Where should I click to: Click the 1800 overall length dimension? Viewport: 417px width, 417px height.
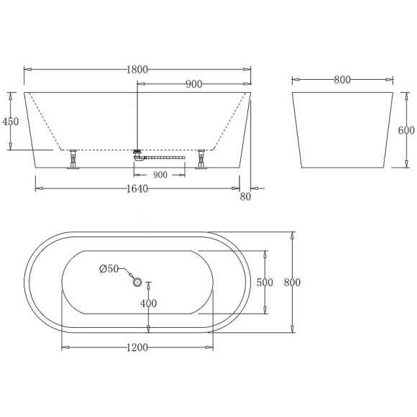(x=137, y=70)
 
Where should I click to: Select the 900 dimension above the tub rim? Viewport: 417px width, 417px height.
(x=193, y=84)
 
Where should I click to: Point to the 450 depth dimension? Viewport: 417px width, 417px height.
(x=11, y=122)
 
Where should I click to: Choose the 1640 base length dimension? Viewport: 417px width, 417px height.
(x=137, y=189)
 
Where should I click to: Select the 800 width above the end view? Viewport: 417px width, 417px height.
(x=342, y=80)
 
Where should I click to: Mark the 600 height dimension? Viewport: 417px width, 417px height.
(x=407, y=130)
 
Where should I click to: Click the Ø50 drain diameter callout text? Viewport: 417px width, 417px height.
(x=109, y=269)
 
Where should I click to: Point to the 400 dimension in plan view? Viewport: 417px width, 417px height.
(x=148, y=303)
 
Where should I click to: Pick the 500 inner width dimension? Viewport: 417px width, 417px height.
(x=265, y=283)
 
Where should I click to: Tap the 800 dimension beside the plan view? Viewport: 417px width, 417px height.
(x=292, y=283)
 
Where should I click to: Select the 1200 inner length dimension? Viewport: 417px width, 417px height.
(x=137, y=348)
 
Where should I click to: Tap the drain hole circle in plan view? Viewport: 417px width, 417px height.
(x=137, y=283)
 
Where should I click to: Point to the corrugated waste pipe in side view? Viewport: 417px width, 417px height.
(x=167, y=155)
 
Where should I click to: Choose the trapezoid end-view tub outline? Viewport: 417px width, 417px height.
(x=342, y=130)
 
